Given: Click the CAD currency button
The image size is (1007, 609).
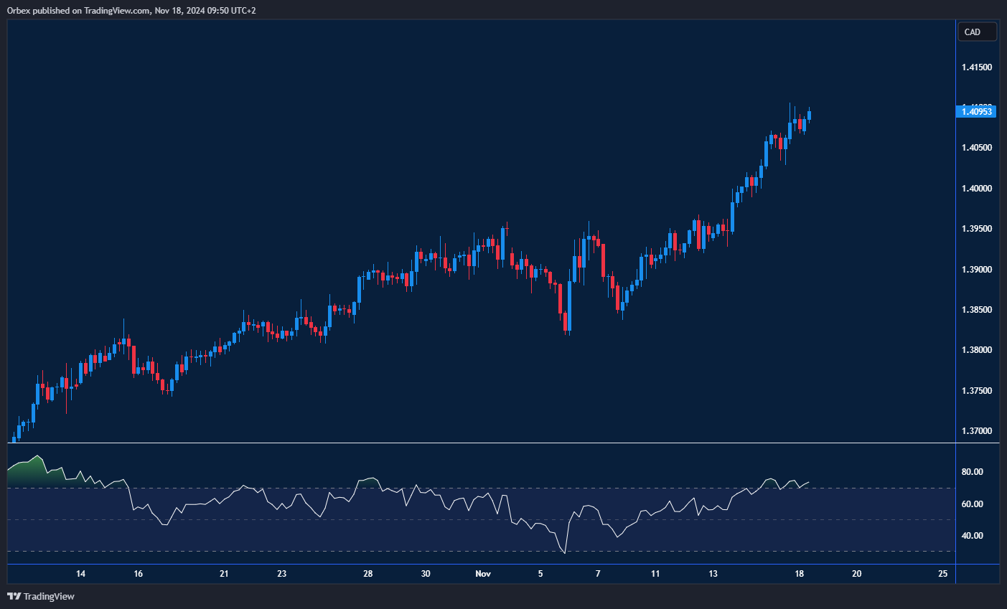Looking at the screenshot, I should pyautogui.click(x=977, y=32).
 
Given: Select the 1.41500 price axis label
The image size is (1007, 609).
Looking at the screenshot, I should pyautogui.click(x=976, y=67).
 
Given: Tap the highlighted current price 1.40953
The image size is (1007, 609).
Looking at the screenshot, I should pyautogui.click(x=977, y=111).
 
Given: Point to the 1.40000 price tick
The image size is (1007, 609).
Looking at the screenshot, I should pyautogui.click(x=976, y=189).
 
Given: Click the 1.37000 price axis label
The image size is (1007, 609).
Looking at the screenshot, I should pyautogui.click(x=976, y=431).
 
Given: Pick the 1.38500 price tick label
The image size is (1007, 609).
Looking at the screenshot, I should pyautogui.click(x=976, y=310).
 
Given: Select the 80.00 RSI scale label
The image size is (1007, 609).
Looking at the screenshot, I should pyautogui.click(x=973, y=472).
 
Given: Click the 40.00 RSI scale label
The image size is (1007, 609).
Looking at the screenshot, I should pyautogui.click(x=973, y=536).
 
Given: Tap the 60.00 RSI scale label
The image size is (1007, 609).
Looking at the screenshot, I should pyautogui.click(x=973, y=504).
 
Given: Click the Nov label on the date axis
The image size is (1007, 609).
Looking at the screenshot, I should pyautogui.click(x=483, y=574).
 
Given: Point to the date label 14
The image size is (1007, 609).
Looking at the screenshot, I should pyautogui.click(x=80, y=574).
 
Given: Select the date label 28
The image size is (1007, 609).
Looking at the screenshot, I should pyautogui.click(x=368, y=574).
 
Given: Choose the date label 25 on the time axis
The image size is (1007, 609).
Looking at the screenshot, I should pyautogui.click(x=942, y=574).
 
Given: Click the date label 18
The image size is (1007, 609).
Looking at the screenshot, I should pyautogui.click(x=799, y=574).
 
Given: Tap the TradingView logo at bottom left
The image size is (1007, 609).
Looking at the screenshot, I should pyautogui.click(x=41, y=596).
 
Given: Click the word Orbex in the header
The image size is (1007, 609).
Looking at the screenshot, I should pyautogui.click(x=19, y=11).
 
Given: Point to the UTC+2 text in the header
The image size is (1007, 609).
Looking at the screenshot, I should pyautogui.click(x=242, y=11).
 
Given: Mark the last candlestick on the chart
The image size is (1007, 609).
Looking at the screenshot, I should pyautogui.click(x=809, y=115).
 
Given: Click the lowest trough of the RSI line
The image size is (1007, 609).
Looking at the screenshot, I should pyautogui.click(x=565, y=553).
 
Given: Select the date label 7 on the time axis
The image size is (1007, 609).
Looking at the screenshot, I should pyautogui.click(x=598, y=574).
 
